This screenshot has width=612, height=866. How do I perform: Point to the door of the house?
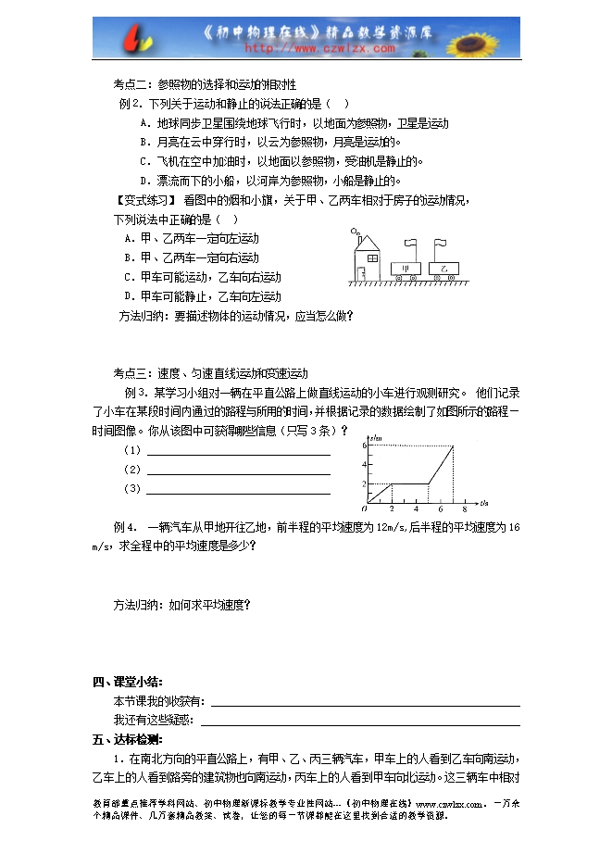click(366, 272)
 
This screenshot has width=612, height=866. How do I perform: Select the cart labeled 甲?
click(406, 270)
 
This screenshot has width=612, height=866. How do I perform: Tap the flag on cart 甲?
click(413, 245)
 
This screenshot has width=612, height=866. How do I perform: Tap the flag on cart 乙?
click(441, 245)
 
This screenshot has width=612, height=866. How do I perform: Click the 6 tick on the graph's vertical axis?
click(366, 446)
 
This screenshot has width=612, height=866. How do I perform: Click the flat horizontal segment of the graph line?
click(409, 483)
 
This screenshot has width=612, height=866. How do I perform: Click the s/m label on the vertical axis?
click(376, 437)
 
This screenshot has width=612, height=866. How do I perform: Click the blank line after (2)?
click(238, 471)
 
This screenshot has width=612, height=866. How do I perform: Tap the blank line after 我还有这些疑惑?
click(360, 720)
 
